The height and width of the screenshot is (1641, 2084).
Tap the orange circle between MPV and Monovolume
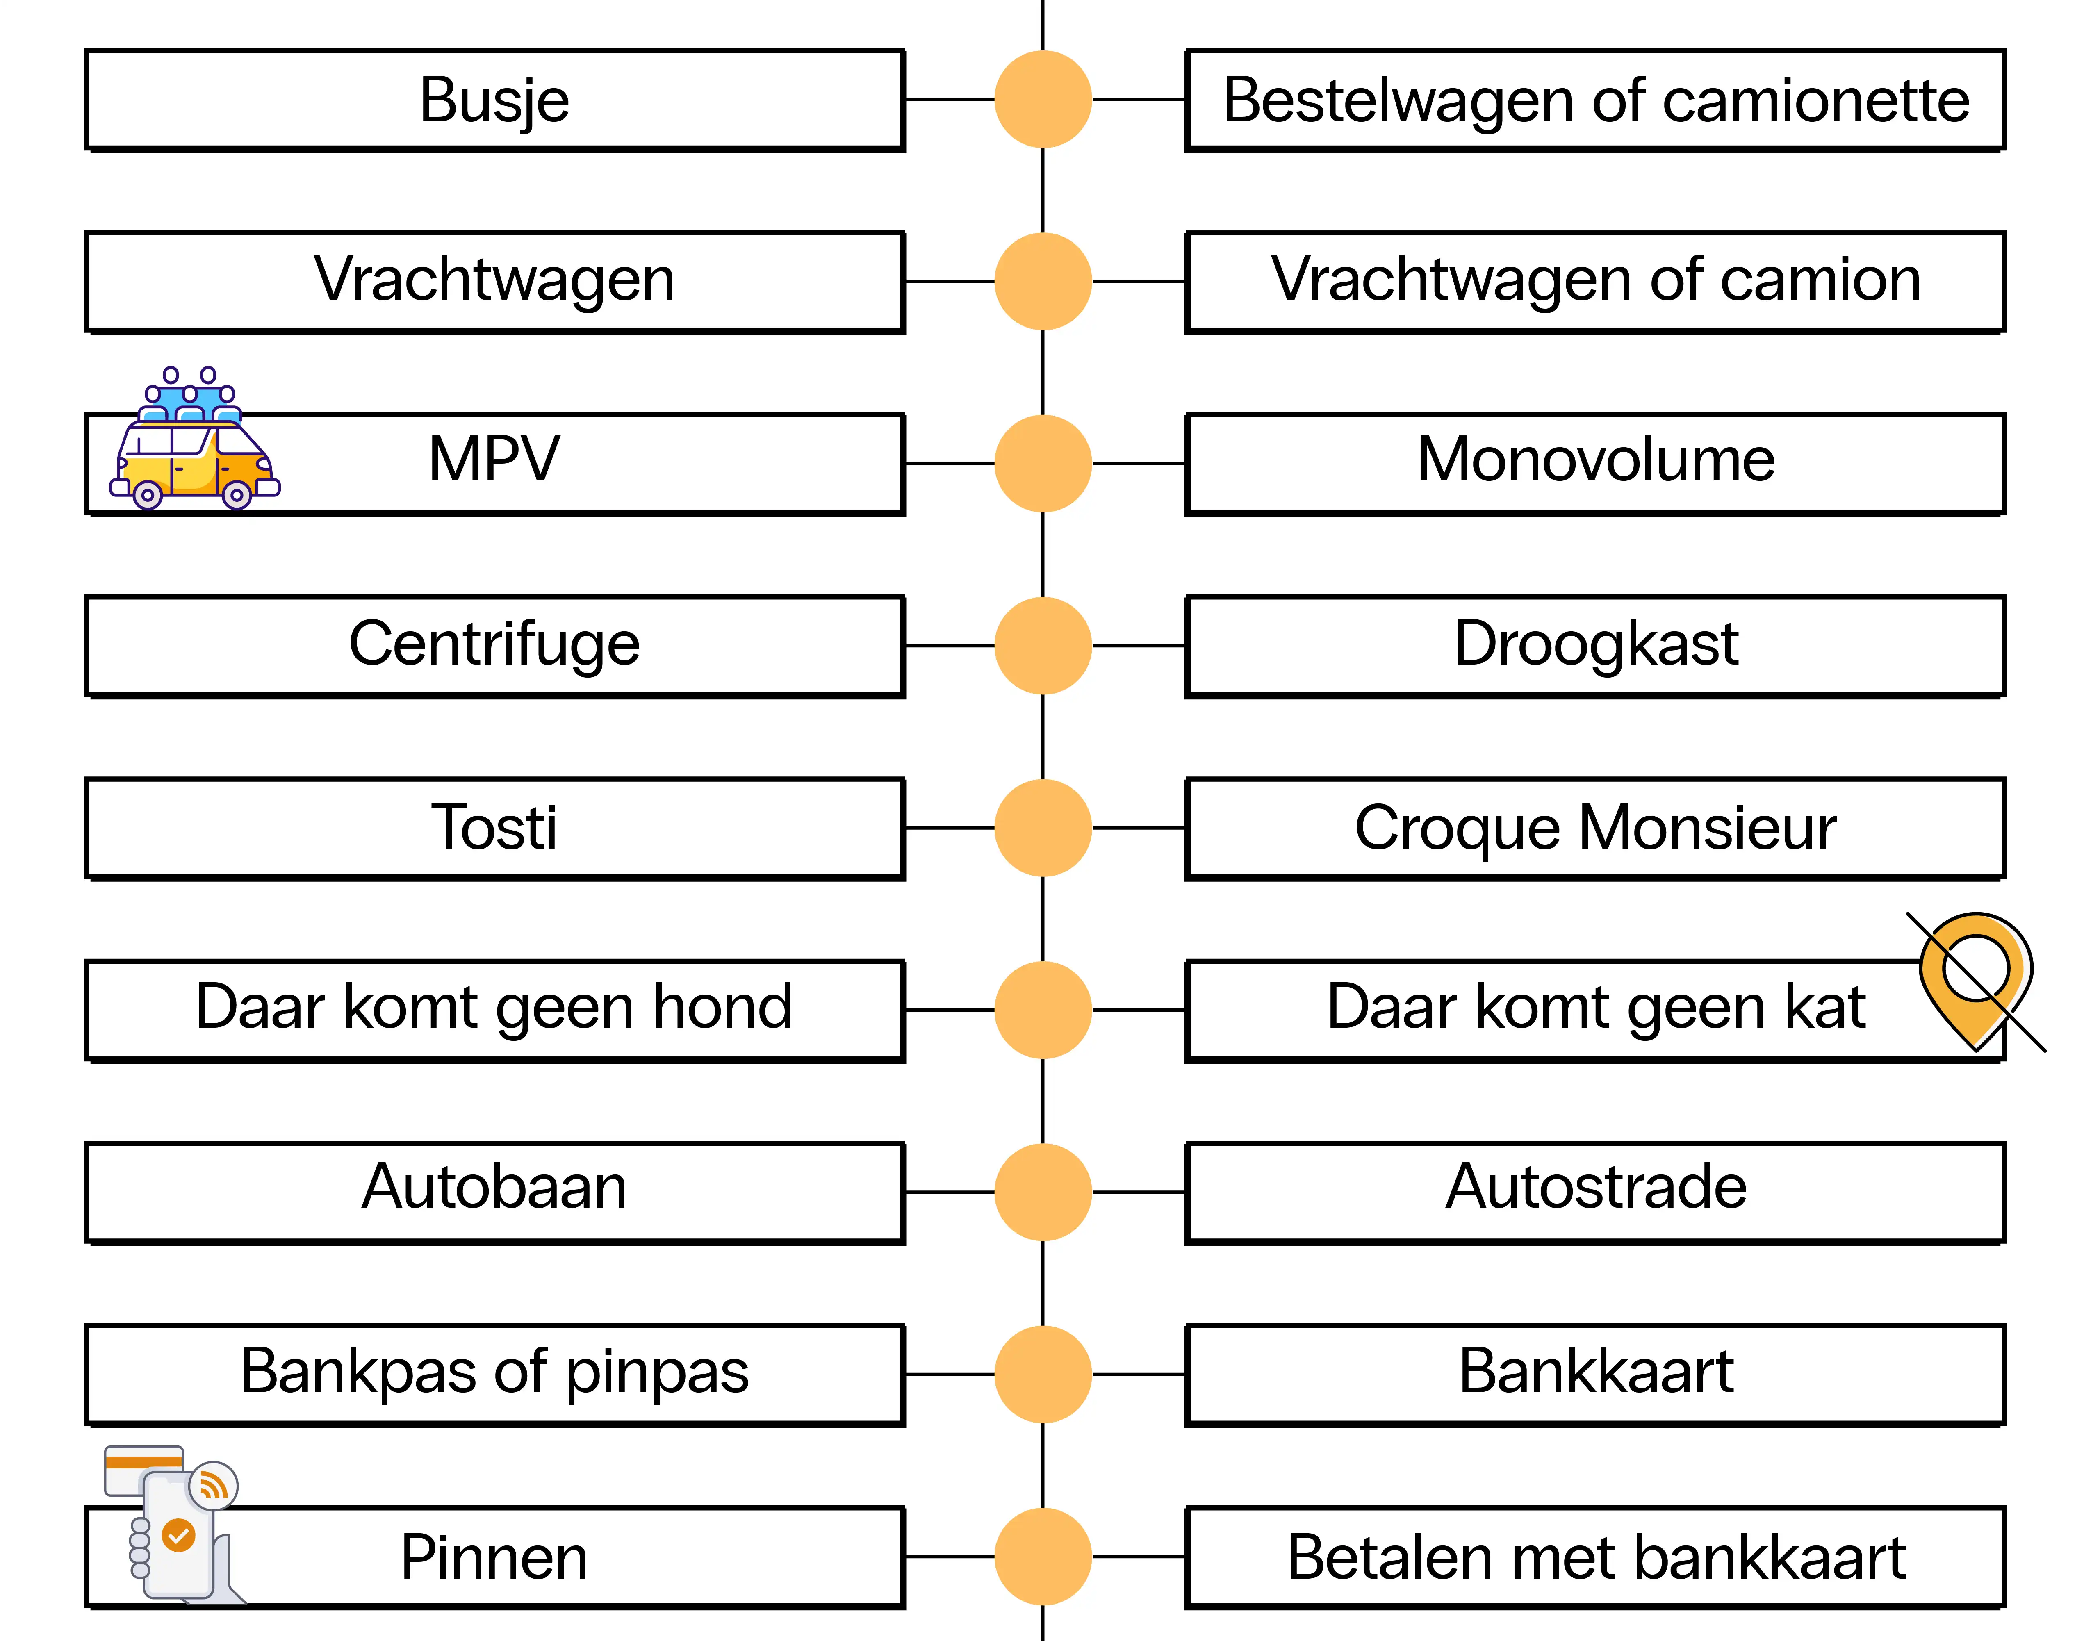1043,463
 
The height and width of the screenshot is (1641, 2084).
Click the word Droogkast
1595,644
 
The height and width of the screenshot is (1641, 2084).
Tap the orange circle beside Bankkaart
1043,1374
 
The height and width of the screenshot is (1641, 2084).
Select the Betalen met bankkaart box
1595,1557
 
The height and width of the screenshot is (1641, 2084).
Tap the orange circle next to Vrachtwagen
1043,282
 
